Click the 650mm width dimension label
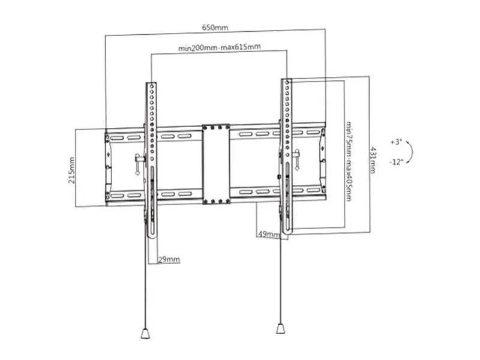point(215,28)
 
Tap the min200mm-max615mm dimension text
point(220,47)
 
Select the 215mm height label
point(71,170)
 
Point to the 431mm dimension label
point(373,160)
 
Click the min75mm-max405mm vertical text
point(349,161)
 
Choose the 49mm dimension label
point(269,234)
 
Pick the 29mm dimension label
point(169,260)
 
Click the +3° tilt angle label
point(396,142)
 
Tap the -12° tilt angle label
point(397,161)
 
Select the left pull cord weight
point(145,333)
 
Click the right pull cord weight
point(280,328)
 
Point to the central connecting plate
point(216,164)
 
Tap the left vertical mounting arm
point(151,160)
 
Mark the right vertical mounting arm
point(287,157)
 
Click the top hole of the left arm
point(152,86)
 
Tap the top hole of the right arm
point(287,82)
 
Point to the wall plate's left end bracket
point(107,166)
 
